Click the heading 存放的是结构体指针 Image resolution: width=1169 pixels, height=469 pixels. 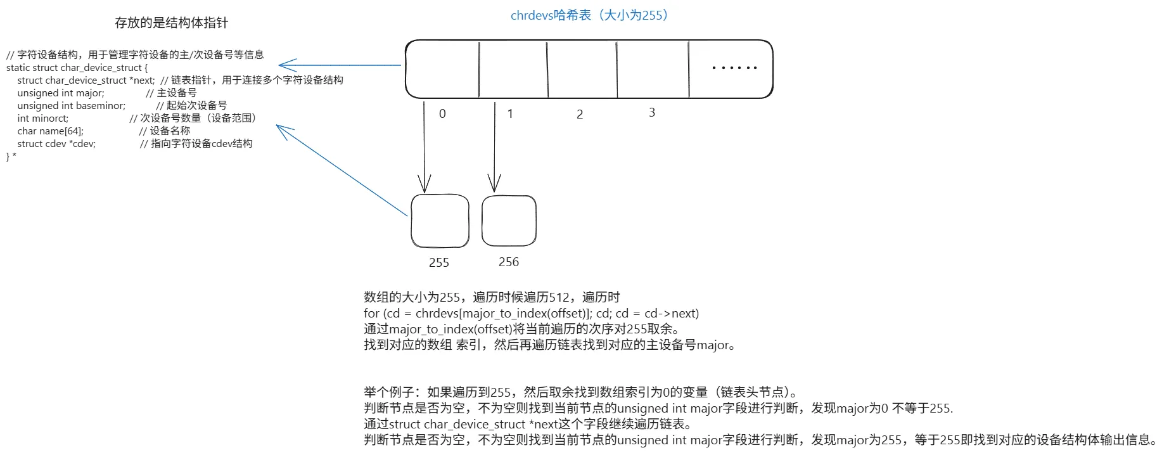coord(171,23)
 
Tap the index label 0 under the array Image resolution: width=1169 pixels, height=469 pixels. coord(442,113)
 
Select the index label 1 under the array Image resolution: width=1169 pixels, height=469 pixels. coord(510,114)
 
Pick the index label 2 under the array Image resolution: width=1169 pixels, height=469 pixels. coord(580,115)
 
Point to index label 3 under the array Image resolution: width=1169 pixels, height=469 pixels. coord(652,112)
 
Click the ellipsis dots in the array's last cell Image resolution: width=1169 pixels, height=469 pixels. coord(734,67)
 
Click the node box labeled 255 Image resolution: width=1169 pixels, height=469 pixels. coord(412,221)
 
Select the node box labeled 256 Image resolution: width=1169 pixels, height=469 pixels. coord(483,221)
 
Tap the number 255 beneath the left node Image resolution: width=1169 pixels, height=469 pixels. coord(439,262)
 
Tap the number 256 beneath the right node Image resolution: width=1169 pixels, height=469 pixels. coord(509,262)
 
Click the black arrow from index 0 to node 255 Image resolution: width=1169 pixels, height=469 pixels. coord(425,146)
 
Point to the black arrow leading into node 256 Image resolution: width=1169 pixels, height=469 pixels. coord(495,146)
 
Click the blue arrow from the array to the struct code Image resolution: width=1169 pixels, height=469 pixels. coord(340,65)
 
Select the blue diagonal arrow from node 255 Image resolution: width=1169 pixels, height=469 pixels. coord(342,170)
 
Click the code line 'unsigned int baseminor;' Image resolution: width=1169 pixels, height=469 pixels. coord(72,105)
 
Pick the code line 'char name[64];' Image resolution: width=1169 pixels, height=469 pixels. coord(51,131)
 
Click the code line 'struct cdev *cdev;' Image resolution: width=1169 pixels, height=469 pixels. coord(56,143)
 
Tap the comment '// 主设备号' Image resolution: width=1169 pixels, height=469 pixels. coord(171,93)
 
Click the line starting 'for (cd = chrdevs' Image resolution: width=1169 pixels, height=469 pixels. coord(532,313)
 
